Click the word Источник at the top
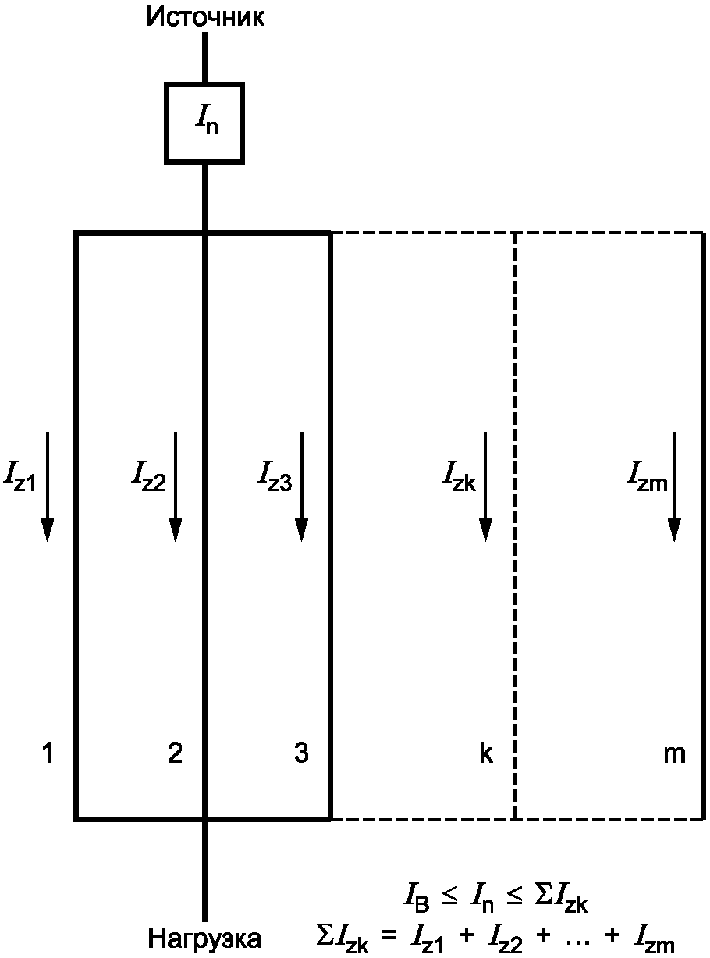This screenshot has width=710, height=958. click(205, 18)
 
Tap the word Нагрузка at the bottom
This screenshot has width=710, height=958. click(205, 936)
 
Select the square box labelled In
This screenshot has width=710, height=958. click(204, 123)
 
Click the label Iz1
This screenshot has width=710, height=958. click(20, 475)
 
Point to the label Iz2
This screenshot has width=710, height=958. click(148, 475)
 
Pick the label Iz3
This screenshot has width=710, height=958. click(275, 475)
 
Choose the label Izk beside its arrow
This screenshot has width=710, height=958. click(460, 475)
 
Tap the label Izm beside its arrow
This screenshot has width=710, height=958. click(647, 475)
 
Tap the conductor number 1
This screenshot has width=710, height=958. click(48, 754)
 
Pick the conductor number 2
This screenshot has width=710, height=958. click(176, 754)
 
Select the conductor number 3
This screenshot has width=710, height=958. click(302, 754)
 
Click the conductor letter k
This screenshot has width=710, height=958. click(486, 754)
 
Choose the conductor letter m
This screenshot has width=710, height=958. click(674, 754)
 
